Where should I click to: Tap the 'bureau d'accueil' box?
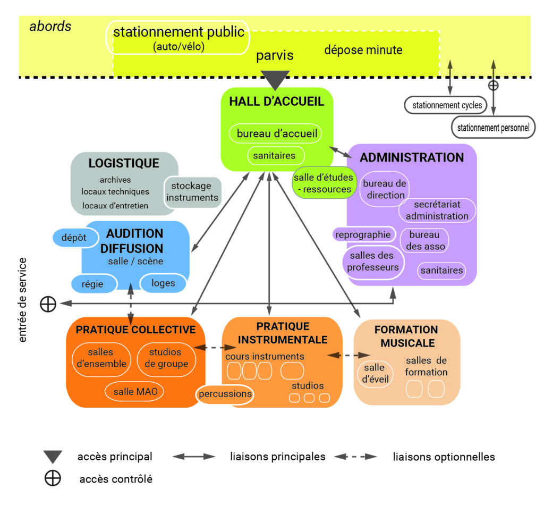tap(277, 133)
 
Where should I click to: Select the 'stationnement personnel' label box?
tap(494, 128)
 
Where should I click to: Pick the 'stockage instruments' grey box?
tap(192, 192)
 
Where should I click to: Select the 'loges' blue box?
tap(163, 283)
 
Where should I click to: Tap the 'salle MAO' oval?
tap(135, 392)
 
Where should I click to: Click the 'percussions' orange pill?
tap(225, 394)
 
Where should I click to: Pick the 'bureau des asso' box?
tap(423, 240)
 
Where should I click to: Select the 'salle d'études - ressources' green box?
tap(322, 184)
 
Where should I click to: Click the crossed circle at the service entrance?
tap(48, 303)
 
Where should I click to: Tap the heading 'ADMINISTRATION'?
tap(412, 157)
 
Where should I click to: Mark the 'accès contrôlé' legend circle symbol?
tap(53, 478)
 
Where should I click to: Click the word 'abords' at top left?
tap(50, 27)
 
